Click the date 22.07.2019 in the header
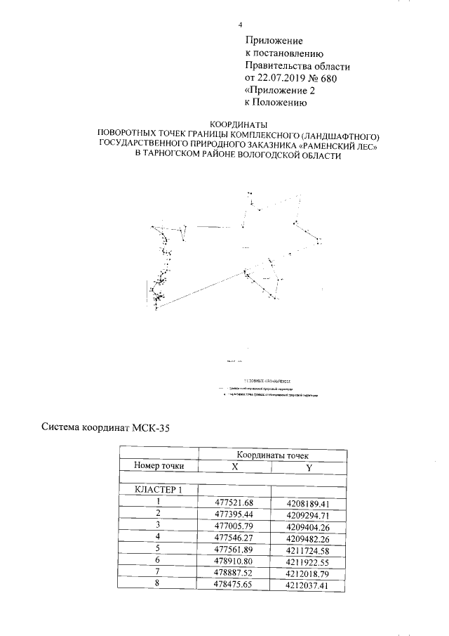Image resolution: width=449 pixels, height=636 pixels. coord(283,78)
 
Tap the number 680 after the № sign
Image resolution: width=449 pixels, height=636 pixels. coord(327,78)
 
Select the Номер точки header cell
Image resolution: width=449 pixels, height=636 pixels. coord(159,465)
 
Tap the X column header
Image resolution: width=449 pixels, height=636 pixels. coord(234,467)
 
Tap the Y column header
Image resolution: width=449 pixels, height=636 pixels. coord(309,467)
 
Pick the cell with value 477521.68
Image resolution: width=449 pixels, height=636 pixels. coord(234,501)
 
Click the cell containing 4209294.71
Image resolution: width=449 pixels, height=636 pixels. coord(309,513)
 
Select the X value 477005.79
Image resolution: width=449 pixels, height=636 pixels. coord(234,524)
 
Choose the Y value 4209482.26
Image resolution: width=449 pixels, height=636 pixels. coord(309,536)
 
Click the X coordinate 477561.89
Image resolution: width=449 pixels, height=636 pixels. coord(234,547)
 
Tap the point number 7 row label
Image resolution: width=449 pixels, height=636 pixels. coord(159,571)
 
